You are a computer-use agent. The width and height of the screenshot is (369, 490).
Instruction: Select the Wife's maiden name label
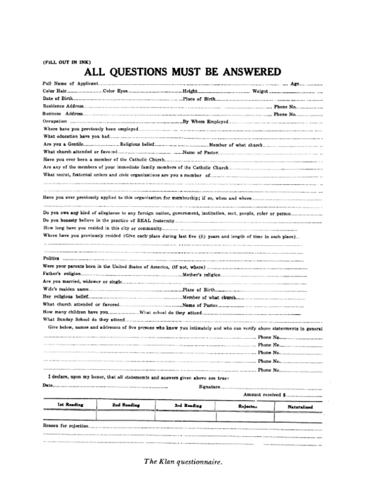tap(66, 289)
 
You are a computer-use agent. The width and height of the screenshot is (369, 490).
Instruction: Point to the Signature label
tap(210, 386)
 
